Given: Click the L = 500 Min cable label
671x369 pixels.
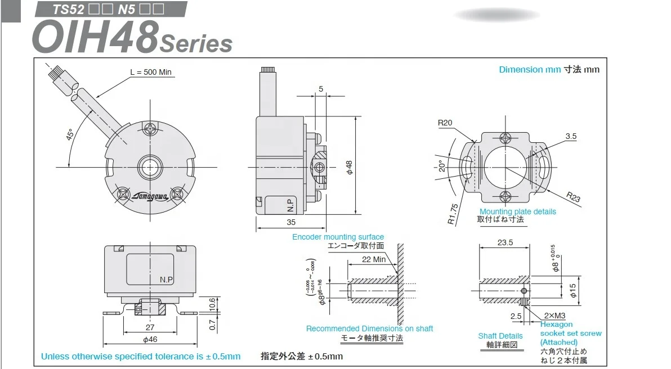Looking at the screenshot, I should pos(151,72).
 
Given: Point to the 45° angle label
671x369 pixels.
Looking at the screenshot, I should pos(70,136).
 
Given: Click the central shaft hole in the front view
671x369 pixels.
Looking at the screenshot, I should pos(150,167).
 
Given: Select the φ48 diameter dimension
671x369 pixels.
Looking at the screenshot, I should pos(349,166).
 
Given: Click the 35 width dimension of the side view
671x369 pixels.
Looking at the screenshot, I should pos(291,222).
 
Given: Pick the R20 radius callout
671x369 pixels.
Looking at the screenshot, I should pos(445,123).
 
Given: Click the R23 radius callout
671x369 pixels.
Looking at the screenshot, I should pos(573,197).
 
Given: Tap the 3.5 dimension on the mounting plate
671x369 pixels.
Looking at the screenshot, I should pos(571,136).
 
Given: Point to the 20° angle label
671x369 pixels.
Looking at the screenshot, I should pos(442,166).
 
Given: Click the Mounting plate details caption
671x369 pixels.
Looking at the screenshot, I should pos(517,211).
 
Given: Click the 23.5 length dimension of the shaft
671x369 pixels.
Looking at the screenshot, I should pos(505,242).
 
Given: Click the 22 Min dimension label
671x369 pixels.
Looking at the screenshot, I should pos(374,259).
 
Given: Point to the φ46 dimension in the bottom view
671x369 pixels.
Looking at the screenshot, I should pos(150,339).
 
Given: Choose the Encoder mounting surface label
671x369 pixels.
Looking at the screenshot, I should pos(338,237).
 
